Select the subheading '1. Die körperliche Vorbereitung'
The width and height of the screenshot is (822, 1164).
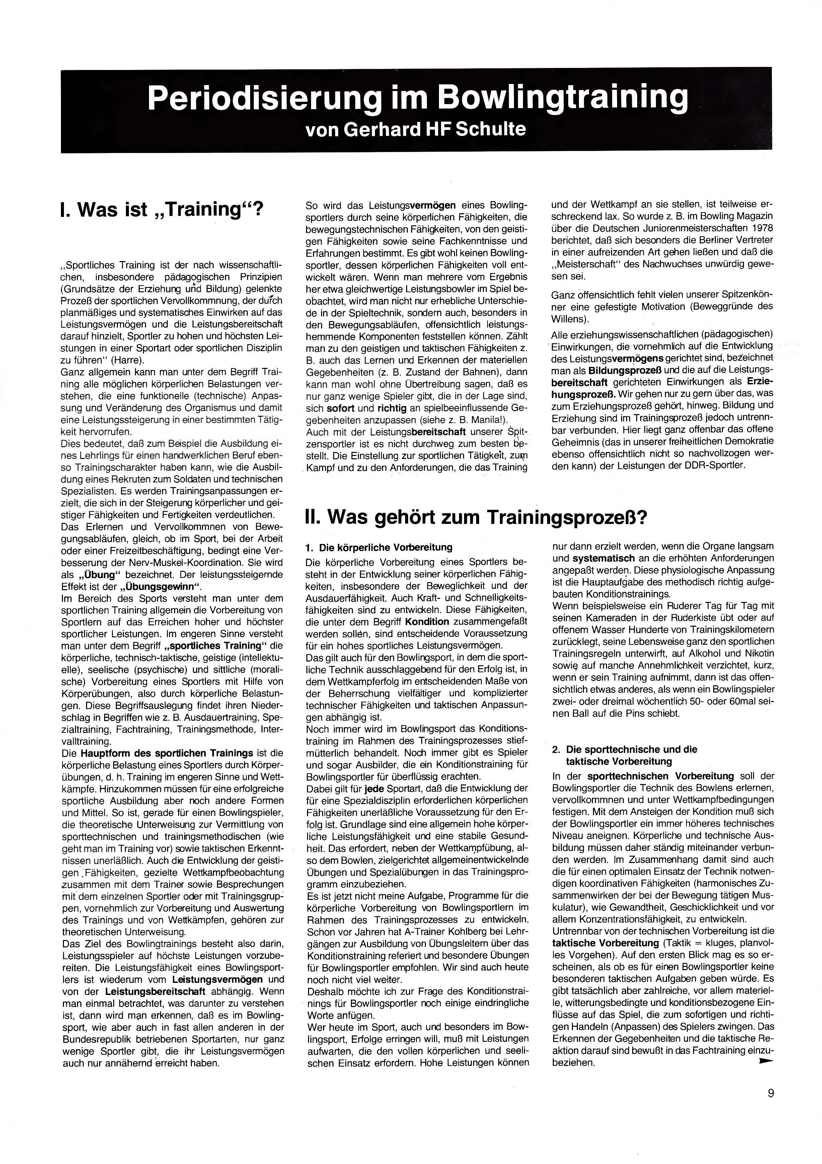pyautogui.click(x=379, y=548)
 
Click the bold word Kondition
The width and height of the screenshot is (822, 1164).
pyautogui.click(x=427, y=622)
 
